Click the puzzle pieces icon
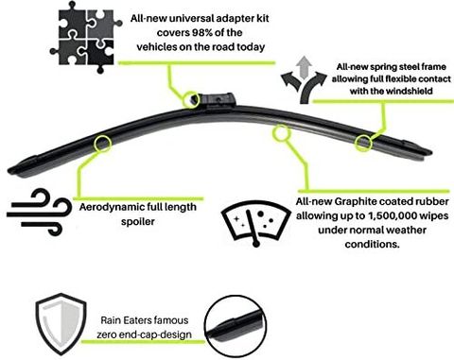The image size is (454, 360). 86,37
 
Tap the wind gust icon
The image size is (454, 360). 39,212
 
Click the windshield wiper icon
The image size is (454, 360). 255,223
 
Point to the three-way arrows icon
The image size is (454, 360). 304,80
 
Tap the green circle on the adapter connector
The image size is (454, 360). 191,99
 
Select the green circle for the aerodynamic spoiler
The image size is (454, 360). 102,144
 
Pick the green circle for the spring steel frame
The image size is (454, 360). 363,143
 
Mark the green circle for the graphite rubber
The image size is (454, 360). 281,133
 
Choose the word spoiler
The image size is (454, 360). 138,222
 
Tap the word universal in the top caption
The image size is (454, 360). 189,18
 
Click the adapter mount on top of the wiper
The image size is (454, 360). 218,99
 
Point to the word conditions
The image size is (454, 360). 372,244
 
